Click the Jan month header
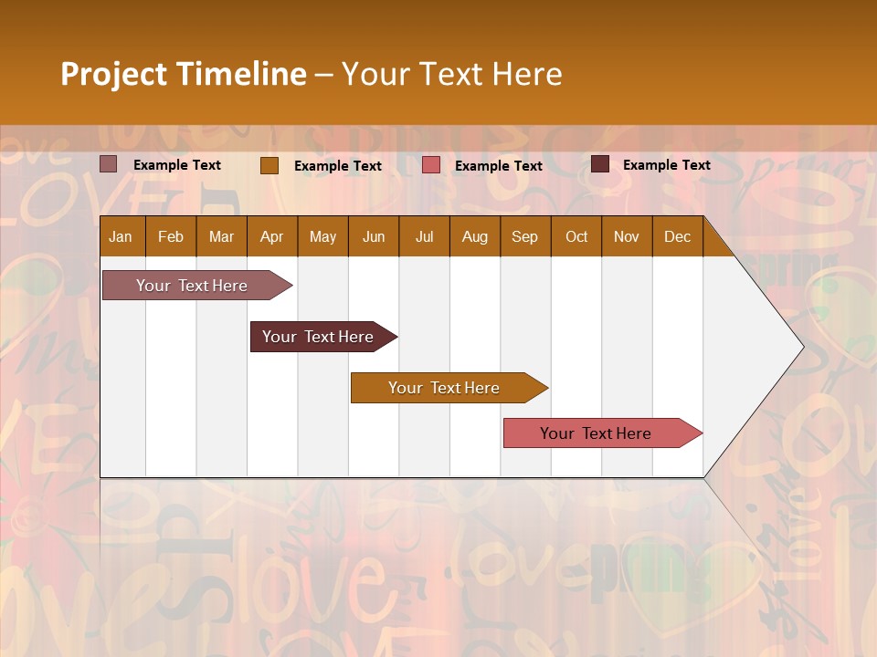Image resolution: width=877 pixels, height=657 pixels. pos(121,236)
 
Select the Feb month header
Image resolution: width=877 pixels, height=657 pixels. pos(171,236)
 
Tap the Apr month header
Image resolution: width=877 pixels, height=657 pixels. pos(271,236)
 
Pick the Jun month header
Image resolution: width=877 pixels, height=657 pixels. pos(374,236)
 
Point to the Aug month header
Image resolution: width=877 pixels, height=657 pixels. pos(474,236)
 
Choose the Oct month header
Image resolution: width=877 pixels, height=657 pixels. pos(576,236)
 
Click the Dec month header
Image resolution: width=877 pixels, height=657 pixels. pos(677,236)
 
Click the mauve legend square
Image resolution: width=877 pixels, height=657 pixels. pos(109,164)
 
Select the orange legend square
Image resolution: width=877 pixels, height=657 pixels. pos(269,165)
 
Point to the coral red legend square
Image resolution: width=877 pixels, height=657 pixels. pos(431,165)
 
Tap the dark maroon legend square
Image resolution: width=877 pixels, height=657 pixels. pos(600,164)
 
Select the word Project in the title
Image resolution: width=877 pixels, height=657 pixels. pos(113,74)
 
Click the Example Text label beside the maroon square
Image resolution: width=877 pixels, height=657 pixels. pos(666,164)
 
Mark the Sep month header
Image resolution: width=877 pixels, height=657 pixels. pos(524,236)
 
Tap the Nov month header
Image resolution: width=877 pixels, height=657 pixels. pos(627,236)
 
